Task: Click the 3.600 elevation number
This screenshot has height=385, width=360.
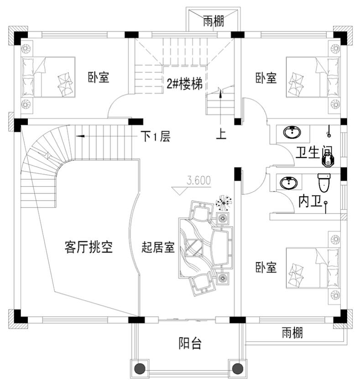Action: pos(198,180)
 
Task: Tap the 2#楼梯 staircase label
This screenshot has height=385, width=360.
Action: pos(184,84)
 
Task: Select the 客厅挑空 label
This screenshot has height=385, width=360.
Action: pos(89,248)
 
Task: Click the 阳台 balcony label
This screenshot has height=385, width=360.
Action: pos(190,343)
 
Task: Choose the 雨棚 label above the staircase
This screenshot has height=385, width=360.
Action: pos(214,21)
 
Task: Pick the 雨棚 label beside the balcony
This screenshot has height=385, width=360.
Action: pos(292,333)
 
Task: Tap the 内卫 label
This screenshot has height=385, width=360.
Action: pos(309,200)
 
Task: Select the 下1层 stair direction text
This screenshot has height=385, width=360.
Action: pos(155,136)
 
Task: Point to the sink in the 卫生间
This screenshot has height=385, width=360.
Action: pos(292,133)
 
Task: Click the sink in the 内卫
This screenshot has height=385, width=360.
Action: pos(288,183)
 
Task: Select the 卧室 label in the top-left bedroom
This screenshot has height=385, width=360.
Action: pos(99,77)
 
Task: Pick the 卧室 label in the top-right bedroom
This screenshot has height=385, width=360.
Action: pos(266,78)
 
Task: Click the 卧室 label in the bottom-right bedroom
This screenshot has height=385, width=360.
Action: pos(266,267)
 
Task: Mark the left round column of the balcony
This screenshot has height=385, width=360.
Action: pos(140,368)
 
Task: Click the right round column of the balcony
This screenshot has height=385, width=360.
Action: pos(237,368)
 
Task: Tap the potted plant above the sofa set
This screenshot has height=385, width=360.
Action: pos(224,201)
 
